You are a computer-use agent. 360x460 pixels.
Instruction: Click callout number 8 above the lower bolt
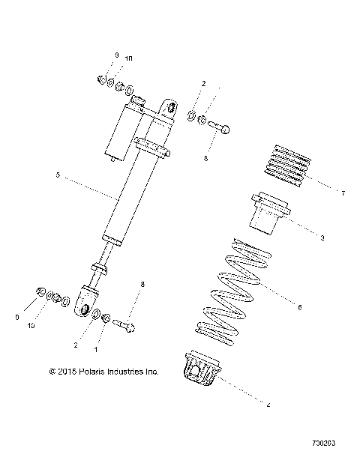tap(142, 284)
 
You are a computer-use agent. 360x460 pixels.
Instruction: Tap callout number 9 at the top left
tap(116, 56)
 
